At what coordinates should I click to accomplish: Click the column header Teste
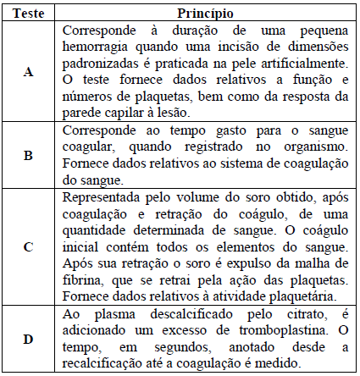28,14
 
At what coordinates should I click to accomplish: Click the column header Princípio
206,14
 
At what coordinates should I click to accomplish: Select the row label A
28,72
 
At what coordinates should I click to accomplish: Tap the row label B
28,155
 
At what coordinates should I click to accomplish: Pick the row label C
28,246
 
